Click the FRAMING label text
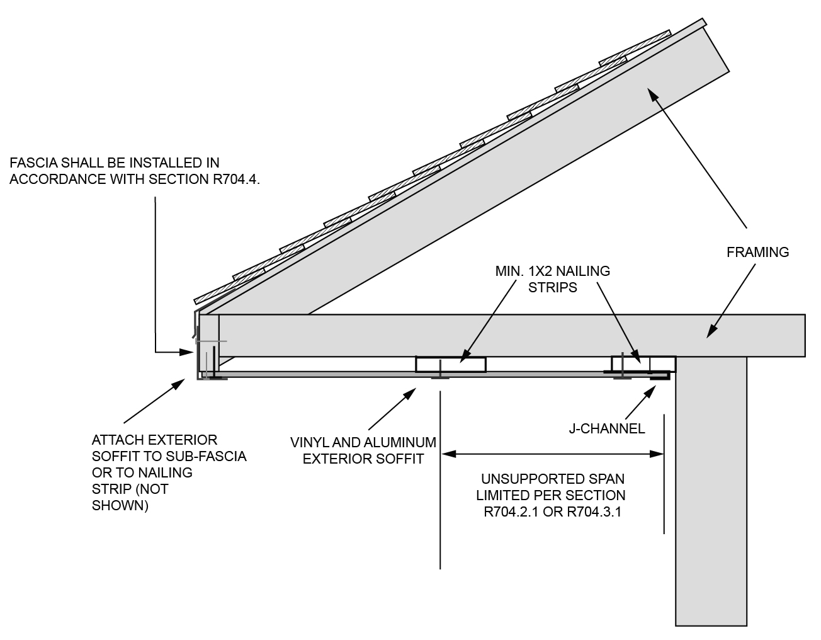tap(757, 253)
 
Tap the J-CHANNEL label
tap(607, 429)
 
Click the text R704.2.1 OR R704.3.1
tap(552, 511)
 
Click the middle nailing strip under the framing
tap(450, 364)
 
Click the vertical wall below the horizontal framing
tap(711, 491)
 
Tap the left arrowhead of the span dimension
tap(446, 453)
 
